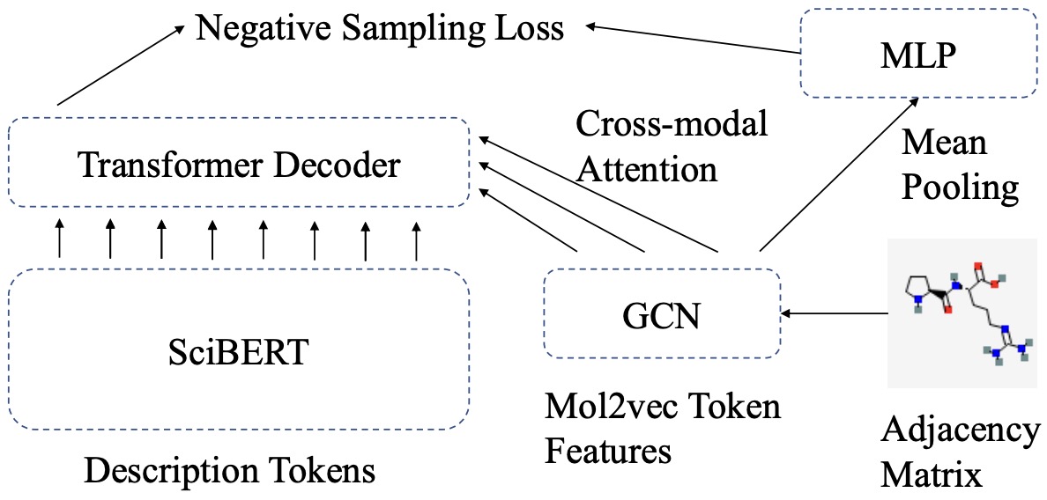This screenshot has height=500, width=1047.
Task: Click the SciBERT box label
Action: coord(238,351)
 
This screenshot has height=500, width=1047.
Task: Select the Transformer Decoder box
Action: coord(238,164)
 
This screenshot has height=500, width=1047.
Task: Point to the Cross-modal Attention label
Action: coord(671,145)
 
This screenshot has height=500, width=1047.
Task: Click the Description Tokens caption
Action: coord(229,472)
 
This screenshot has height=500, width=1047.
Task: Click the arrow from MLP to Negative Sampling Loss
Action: coord(692,40)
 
